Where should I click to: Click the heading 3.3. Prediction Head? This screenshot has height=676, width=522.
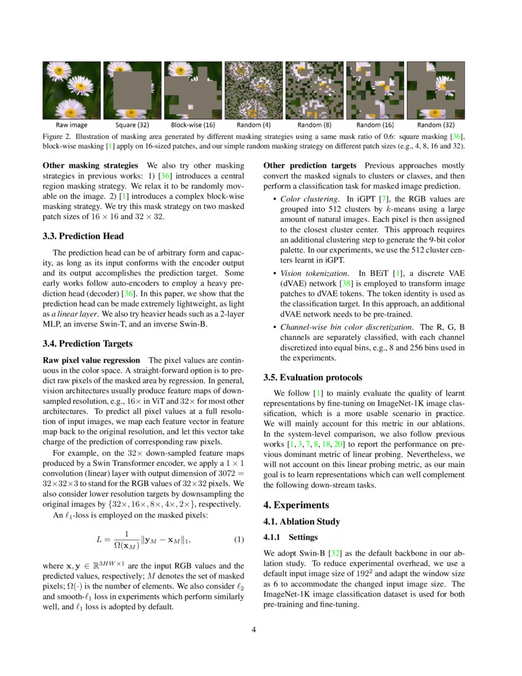coord(83,236)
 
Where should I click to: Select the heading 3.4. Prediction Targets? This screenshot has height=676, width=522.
coord(88,344)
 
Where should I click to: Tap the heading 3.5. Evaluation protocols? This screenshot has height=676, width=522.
coord(313,377)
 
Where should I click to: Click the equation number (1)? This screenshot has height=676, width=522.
coord(240,540)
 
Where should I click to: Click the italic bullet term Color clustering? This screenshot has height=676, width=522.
coord(310,199)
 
